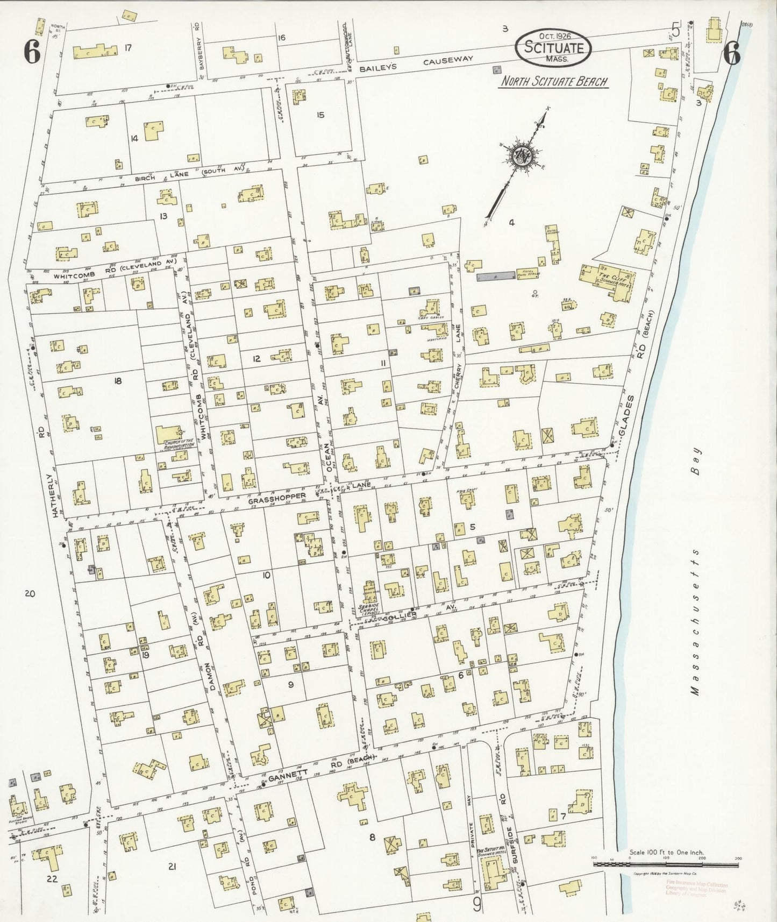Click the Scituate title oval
[553, 47]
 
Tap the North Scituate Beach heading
[553, 82]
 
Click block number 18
[117, 381]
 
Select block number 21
[172, 866]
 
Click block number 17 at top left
[127, 48]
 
